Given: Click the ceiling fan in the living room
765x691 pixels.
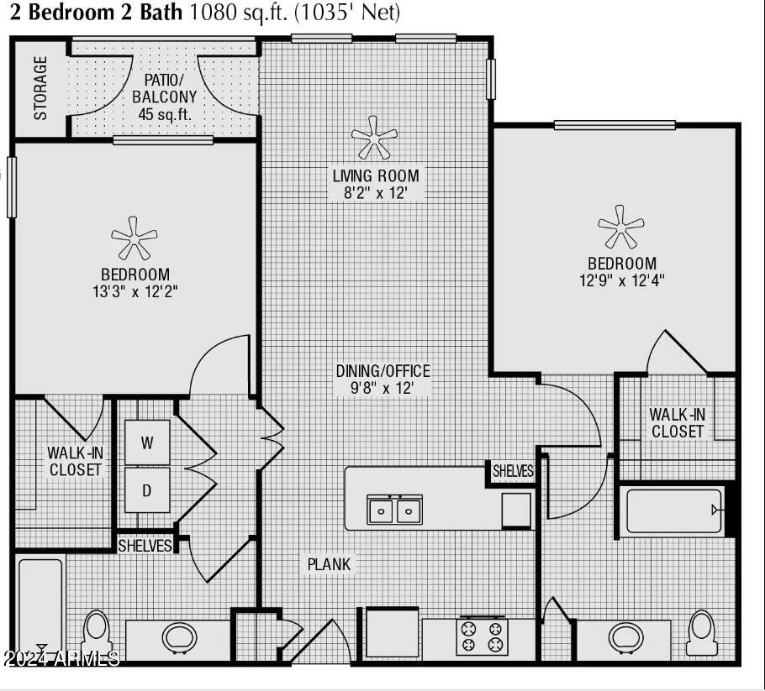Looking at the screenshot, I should pos(375,138).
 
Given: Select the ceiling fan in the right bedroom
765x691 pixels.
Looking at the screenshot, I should pos(621,228).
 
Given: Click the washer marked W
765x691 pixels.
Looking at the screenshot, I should pos(147,442).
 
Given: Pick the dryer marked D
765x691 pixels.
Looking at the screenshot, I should pos(147,490).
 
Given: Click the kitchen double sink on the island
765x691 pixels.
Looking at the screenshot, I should pos(394,509).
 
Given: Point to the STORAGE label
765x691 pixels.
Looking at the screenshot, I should pos(40,87).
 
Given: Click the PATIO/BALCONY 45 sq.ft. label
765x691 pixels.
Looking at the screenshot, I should pos(165,97).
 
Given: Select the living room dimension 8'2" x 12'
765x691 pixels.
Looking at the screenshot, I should pos(375,193).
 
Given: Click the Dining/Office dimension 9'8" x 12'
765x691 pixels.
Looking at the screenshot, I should pos(383,388).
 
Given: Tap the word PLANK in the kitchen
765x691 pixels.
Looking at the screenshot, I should pos(329,564).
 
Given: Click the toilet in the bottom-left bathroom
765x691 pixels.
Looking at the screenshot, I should pos(96,634).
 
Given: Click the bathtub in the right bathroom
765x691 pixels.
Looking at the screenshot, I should pos(674,510).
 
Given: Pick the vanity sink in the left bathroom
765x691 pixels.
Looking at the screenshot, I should pos(177,637).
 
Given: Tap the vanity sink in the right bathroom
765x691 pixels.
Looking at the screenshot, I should pos(623,637).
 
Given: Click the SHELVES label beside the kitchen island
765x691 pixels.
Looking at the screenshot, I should pos(513,472).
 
